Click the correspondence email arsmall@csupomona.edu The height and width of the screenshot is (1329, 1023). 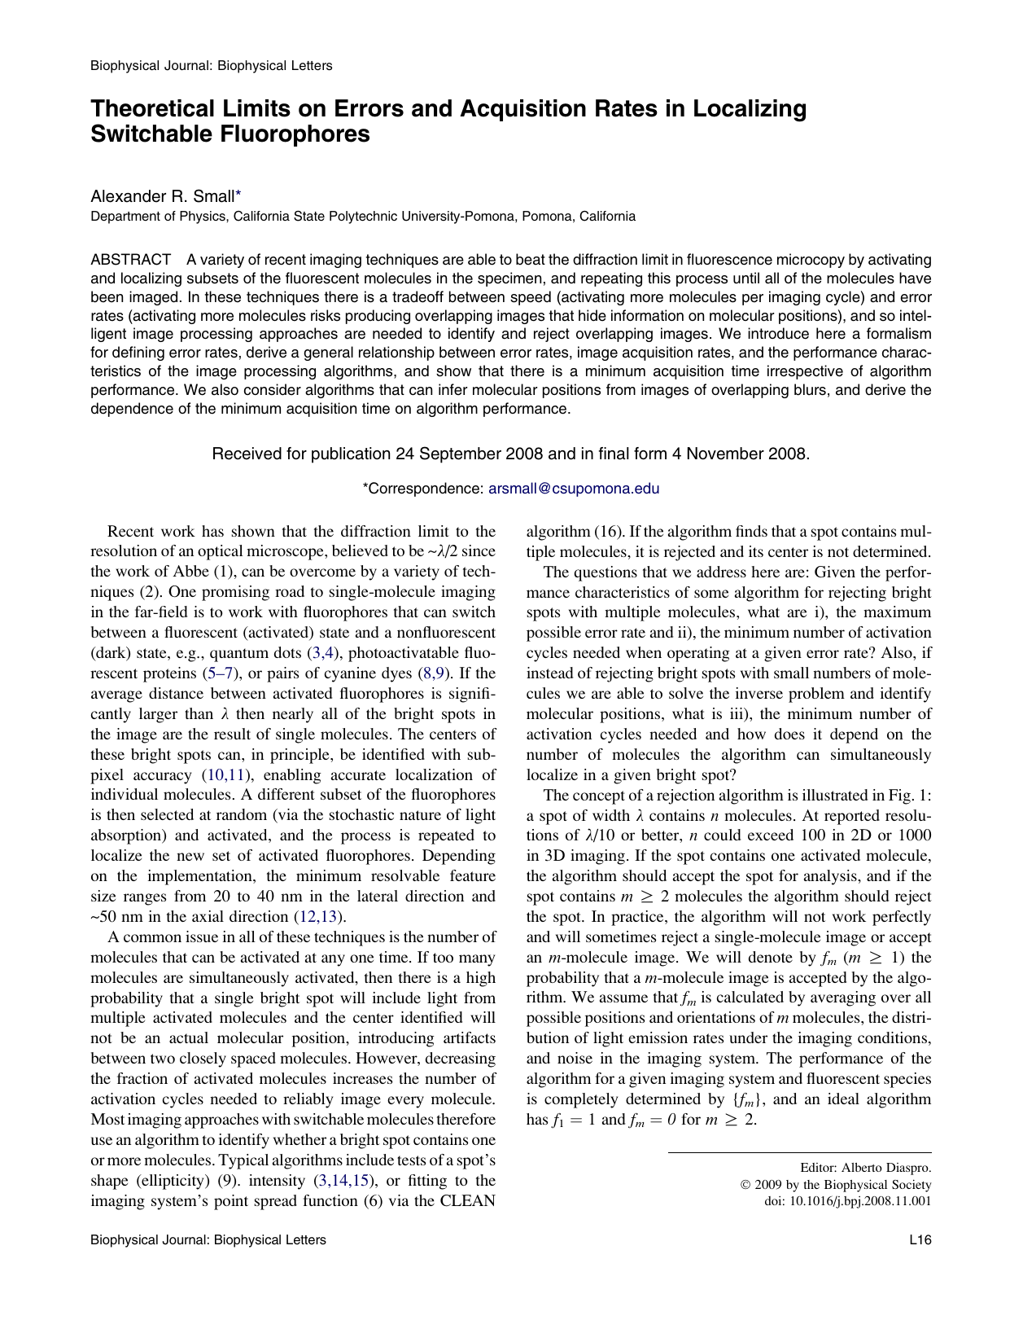pyautogui.click(x=573, y=489)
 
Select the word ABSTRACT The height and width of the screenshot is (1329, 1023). pyautogui.click(x=130, y=260)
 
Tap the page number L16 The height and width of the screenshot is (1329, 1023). pyautogui.click(x=920, y=1240)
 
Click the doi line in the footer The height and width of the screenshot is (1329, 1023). pyautogui.click(x=848, y=1201)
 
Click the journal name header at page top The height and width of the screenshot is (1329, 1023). pyautogui.click(x=211, y=65)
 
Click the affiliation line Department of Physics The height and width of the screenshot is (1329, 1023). pyautogui.click(x=363, y=217)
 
